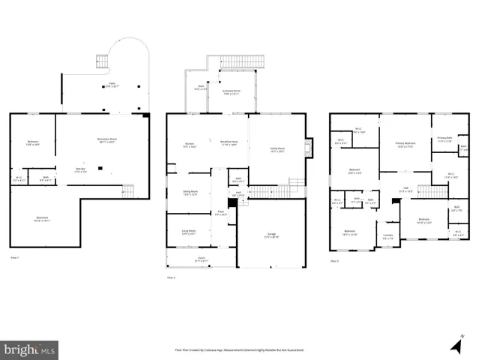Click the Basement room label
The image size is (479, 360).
(42, 219)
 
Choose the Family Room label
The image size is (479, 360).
(277, 149)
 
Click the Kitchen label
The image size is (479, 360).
(190, 145)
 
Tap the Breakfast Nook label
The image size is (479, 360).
(229, 142)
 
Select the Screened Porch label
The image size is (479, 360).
(230, 93)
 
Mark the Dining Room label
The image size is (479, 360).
(190, 193)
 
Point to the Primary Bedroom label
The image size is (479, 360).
(406, 145)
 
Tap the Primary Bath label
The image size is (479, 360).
(445, 139)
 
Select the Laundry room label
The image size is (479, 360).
(388, 237)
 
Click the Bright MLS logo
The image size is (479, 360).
(29, 349)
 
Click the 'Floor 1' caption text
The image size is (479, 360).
(14, 257)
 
